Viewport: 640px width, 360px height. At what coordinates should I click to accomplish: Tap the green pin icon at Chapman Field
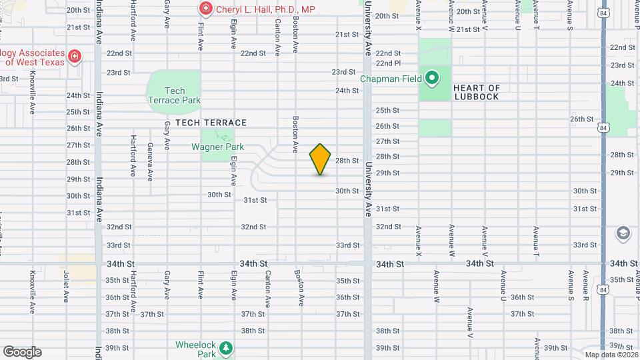pos(432,79)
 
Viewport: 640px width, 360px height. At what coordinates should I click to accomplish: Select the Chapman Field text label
pos(391,79)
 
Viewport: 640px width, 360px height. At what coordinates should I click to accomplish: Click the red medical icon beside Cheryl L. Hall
pos(206,9)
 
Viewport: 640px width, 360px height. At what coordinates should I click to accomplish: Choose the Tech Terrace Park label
pos(174,95)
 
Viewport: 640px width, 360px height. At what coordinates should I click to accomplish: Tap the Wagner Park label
pos(218,147)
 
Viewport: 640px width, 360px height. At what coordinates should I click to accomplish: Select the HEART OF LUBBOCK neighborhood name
pos(477,92)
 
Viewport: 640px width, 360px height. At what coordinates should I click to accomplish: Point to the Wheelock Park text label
pos(196,349)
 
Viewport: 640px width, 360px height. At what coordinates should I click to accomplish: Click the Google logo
pos(22,351)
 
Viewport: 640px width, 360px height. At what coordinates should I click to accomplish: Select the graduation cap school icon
pos(623,233)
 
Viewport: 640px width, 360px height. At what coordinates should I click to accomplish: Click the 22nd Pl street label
pos(388,63)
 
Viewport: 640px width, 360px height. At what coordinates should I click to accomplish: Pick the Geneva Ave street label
pos(150,162)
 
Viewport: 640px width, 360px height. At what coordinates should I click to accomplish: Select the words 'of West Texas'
pos(35,63)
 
